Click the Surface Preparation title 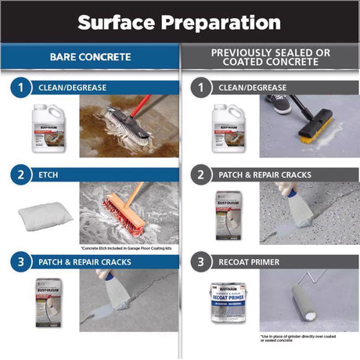click(x=179, y=20)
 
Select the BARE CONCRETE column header click(x=90, y=57)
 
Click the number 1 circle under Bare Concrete click(x=21, y=88)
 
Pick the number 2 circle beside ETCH click(x=21, y=175)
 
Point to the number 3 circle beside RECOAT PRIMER click(x=201, y=261)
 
